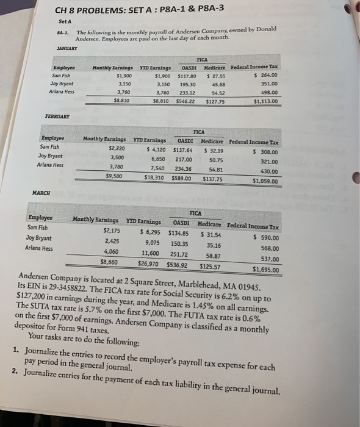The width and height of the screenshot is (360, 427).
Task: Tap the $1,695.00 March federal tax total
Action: (265, 269)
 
